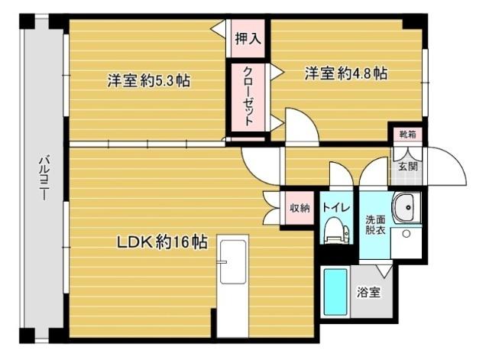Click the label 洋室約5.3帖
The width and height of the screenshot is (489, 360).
[x=148, y=79]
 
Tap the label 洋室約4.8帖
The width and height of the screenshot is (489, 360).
[x=346, y=73]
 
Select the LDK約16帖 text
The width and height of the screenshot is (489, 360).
[x=161, y=242]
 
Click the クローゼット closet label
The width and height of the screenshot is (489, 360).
[x=249, y=97]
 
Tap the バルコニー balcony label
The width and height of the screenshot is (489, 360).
[x=44, y=177]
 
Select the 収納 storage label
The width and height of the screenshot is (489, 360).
[x=299, y=207]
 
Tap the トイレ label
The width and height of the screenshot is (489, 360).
[x=336, y=207]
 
